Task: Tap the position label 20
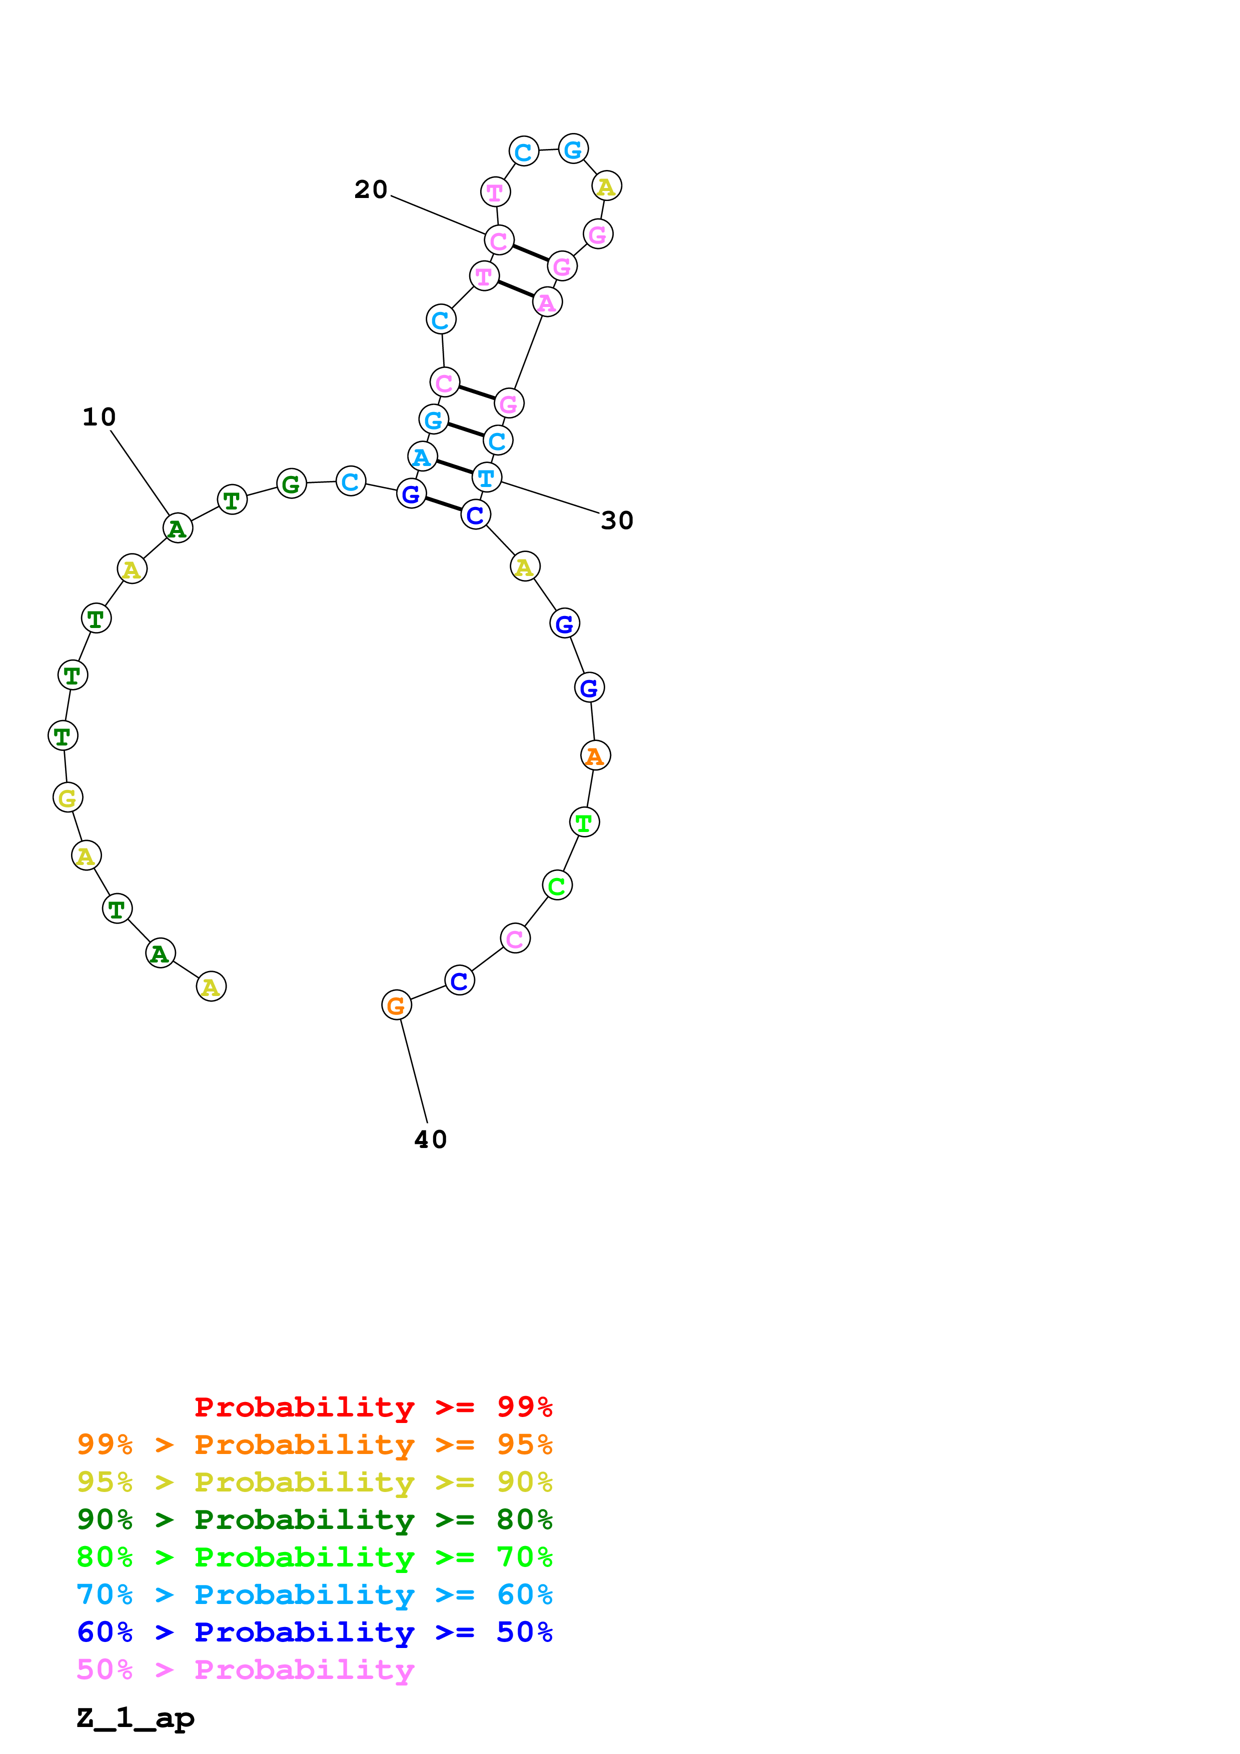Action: [x=371, y=189]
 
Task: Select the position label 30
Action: [x=617, y=521]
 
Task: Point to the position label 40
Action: [x=430, y=1140]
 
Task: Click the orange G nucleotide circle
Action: [x=397, y=1005]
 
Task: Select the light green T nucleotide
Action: [x=584, y=823]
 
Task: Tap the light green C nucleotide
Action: [x=557, y=886]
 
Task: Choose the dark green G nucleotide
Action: [x=291, y=483]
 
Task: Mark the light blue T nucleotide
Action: [x=487, y=478]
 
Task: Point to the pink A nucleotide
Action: [x=547, y=302]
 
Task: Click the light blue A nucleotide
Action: [x=422, y=457]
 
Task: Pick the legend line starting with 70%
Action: [x=314, y=1594]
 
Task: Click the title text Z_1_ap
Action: [x=135, y=1718]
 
